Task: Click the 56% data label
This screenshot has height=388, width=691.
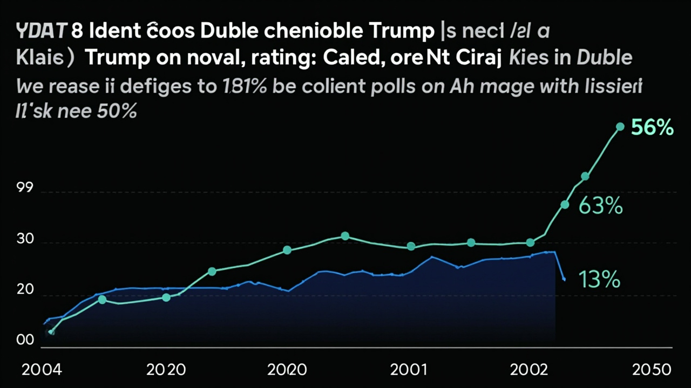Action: coord(652,128)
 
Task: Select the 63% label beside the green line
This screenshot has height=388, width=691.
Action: coord(600,206)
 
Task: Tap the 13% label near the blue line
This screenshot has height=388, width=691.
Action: coord(599,280)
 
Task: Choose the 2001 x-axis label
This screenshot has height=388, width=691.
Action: coord(409,370)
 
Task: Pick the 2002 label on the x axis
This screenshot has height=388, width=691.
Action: coord(529,370)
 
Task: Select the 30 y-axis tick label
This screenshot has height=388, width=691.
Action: coord(25,240)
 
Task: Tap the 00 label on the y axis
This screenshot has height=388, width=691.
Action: coord(25,341)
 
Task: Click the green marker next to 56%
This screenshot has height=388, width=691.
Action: coord(620,127)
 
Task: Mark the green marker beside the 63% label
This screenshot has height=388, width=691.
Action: coord(565,205)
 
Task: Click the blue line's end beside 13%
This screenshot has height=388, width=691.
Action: coord(564,279)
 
